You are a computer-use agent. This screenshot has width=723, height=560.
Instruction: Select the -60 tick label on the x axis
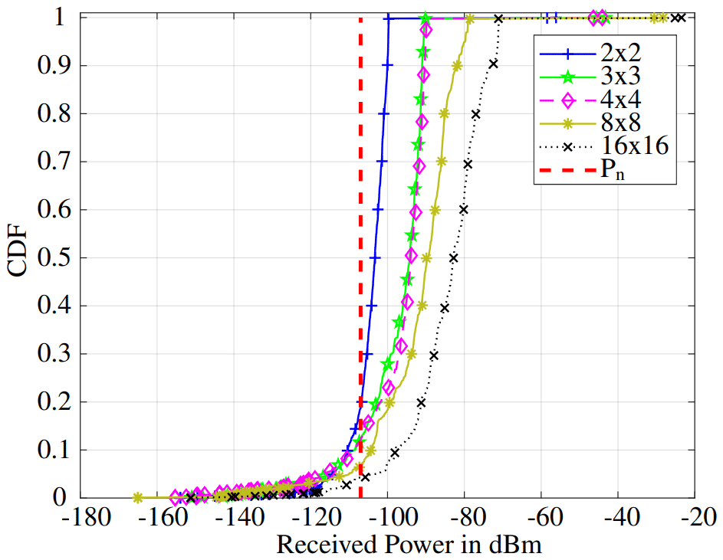(541, 519)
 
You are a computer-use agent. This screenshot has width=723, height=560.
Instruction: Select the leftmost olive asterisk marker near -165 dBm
(138, 497)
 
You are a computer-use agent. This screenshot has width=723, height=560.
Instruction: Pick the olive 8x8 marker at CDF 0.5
(427, 258)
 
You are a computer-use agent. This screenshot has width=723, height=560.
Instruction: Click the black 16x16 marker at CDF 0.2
(421, 402)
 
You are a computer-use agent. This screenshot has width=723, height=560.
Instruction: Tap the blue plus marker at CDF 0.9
(387, 66)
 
